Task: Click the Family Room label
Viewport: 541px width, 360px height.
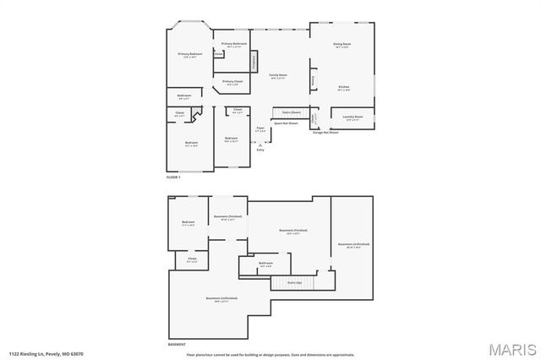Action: point(279,76)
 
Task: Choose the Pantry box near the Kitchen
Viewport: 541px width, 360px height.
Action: point(314,80)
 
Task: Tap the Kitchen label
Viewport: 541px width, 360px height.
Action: point(343,87)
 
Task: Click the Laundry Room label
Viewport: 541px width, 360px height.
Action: point(352,117)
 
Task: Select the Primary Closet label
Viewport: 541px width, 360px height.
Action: point(232,82)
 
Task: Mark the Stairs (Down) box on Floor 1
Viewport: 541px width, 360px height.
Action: point(291,112)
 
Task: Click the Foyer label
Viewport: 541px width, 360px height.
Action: point(260,129)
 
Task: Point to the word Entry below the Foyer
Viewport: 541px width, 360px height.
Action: point(260,150)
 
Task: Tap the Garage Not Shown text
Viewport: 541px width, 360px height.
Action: point(325,133)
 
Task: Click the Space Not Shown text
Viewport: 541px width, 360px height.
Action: point(286,123)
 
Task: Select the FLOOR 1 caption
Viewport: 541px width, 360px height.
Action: point(173,177)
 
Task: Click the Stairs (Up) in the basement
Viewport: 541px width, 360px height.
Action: point(293,283)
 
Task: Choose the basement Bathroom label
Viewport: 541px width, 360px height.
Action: point(265,264)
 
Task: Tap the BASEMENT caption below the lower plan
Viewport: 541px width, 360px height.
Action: point(177,344)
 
